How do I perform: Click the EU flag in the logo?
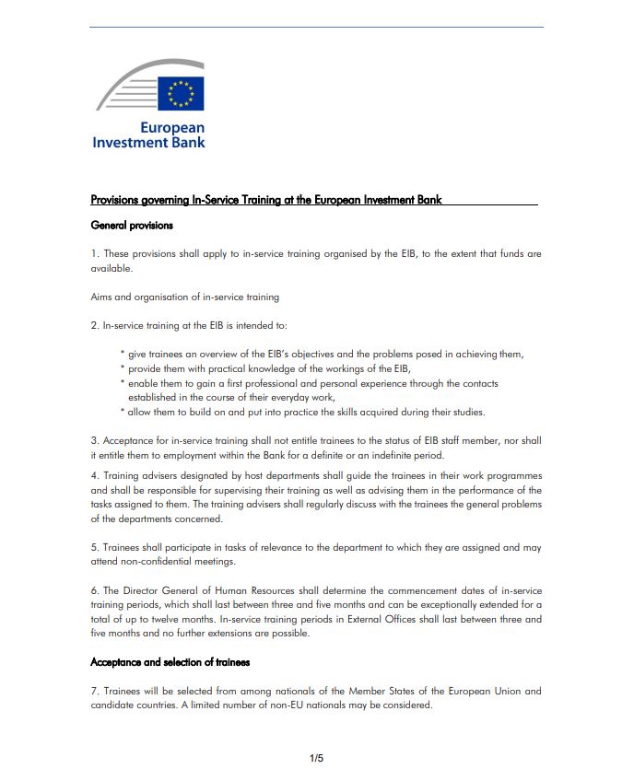click(181, 93)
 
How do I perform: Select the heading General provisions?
click(132, 225)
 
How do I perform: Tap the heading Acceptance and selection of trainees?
click(170, 662)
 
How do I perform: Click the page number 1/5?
click(316, 758)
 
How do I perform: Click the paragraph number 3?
click(94, 441)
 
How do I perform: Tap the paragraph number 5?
click(94, 547)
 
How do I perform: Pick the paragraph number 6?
click(94, 590)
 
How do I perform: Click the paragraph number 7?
click(94, 691)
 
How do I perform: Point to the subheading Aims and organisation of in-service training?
click(184, 297)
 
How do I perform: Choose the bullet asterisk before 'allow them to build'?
click(122, 412)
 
